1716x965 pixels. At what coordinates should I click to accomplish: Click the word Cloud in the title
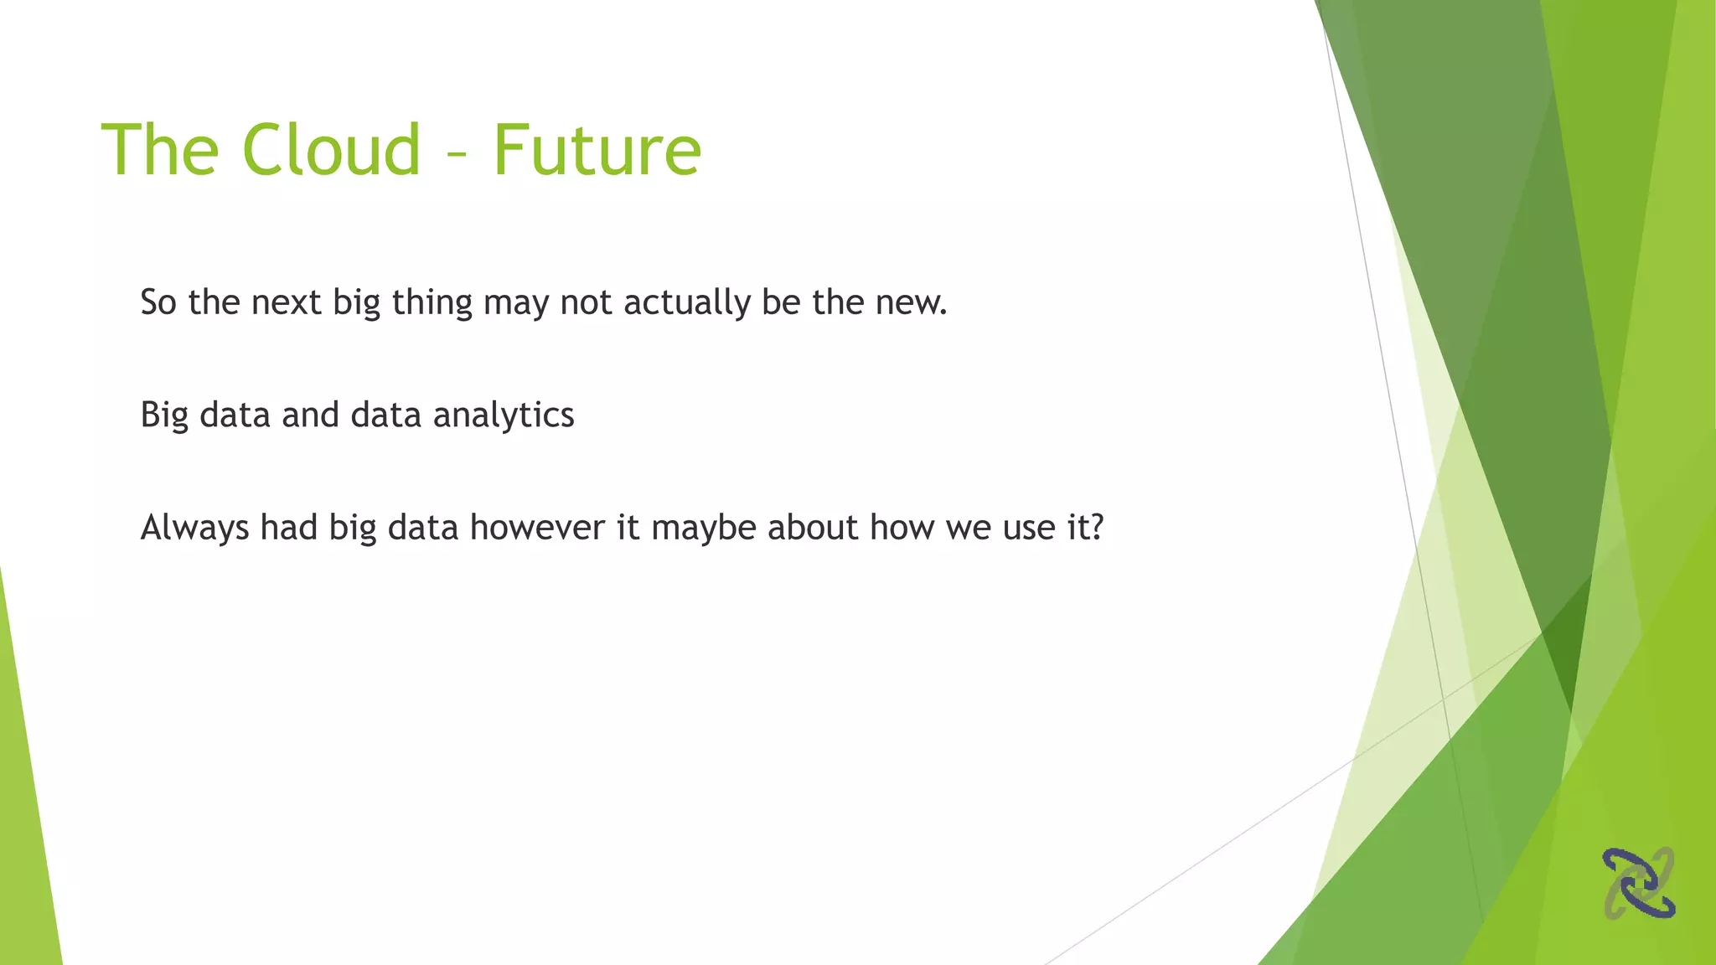331,151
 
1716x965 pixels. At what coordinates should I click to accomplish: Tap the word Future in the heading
597,151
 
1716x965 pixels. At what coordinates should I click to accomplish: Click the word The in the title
160,151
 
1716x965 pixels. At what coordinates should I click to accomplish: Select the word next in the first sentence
286,302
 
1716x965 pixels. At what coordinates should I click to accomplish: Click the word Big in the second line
164,415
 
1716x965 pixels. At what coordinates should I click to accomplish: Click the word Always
194,529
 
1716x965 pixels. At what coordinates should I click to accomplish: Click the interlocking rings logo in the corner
1638,883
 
